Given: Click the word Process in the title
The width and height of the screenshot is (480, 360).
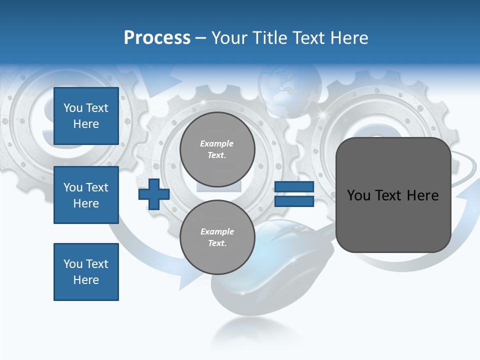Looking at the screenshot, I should tap(157, 38).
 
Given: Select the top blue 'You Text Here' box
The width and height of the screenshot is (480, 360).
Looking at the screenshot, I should tap(86, 116).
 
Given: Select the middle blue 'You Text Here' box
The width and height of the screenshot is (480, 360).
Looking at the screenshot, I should tap(86, 195).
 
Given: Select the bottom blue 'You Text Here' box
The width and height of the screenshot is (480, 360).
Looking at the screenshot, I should tap(86, 272).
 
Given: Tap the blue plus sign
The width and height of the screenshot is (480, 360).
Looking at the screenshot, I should tap(154, 194).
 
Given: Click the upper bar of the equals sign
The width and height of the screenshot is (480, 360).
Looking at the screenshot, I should tap(294, 186).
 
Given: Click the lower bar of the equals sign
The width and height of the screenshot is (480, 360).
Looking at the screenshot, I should tap(294, 201).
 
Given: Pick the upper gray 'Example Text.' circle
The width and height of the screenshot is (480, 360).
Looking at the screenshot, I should tap(217, 149).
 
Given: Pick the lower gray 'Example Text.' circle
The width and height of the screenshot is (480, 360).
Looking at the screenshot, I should tap(217, 237).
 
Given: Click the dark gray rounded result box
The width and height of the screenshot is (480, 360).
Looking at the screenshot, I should tap(393, 195).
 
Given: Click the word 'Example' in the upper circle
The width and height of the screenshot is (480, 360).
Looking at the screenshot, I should tap(217, 144).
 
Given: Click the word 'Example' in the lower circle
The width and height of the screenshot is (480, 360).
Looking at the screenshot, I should tap(217, 231).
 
